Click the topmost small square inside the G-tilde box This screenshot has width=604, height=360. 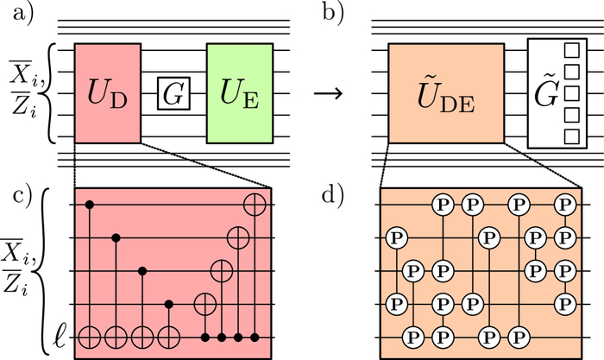click(569, 49)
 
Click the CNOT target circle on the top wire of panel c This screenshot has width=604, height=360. click(255, 205)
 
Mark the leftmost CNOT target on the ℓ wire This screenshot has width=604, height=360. click(91, 336)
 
